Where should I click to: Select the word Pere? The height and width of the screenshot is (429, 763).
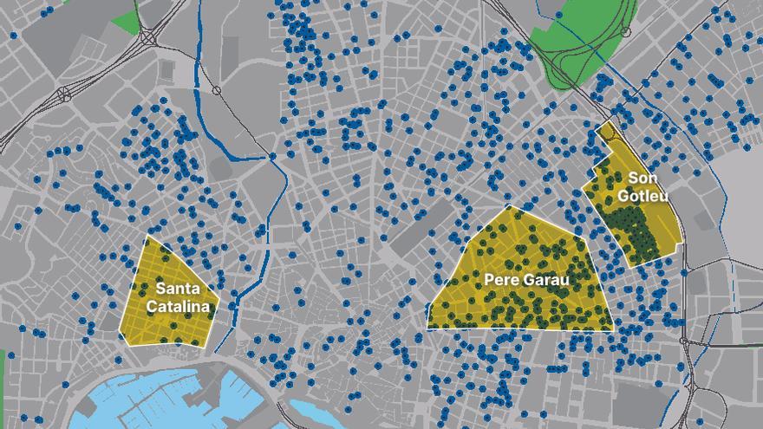coord(501,280)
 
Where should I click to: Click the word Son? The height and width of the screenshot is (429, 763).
coord(642,179)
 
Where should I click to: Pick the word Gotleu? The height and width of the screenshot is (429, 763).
coord(642,195)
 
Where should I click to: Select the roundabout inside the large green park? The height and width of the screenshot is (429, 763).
coord(625,32)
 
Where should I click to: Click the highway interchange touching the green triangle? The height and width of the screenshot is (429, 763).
coord(149,38)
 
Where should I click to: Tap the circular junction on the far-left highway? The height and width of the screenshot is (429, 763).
coord(63,94)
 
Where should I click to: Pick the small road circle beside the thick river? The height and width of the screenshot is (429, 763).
coord(216,90)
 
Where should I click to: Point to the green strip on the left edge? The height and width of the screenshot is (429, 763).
coord(2,364)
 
